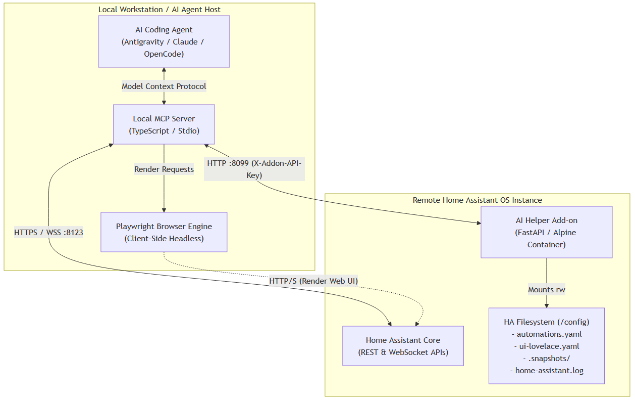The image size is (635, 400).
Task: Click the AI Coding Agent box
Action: click(164, 41)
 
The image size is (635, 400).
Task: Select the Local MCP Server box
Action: click(164, 124)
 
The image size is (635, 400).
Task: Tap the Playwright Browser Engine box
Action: click(164, 232)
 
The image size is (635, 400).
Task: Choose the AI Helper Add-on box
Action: click(546, 232)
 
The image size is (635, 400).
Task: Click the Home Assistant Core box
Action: click(403, 346)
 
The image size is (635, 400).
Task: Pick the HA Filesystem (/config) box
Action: click(546, 346)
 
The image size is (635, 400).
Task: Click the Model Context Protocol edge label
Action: click(164, 86)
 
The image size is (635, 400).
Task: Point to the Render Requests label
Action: click(164, 169)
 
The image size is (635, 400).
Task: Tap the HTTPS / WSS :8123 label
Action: click(48, 233)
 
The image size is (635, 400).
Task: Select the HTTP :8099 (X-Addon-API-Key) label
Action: click(254, 169)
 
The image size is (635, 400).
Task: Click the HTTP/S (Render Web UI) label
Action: click(313, 281)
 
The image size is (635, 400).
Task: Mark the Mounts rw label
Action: click(546, 289)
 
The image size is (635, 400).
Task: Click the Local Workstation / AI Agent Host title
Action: click(160, 10)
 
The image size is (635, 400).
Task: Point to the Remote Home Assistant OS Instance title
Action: click(477, 200)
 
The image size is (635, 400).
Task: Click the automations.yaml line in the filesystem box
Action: click(546, 334)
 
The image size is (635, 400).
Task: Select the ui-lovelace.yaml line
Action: click(546, 346)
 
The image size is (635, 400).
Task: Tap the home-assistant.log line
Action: click(546, 371)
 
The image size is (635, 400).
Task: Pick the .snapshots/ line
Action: click(546, 358)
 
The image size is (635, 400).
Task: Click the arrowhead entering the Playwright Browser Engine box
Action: click(164, 210)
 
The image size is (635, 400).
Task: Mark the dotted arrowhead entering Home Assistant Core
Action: click(417, 324)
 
